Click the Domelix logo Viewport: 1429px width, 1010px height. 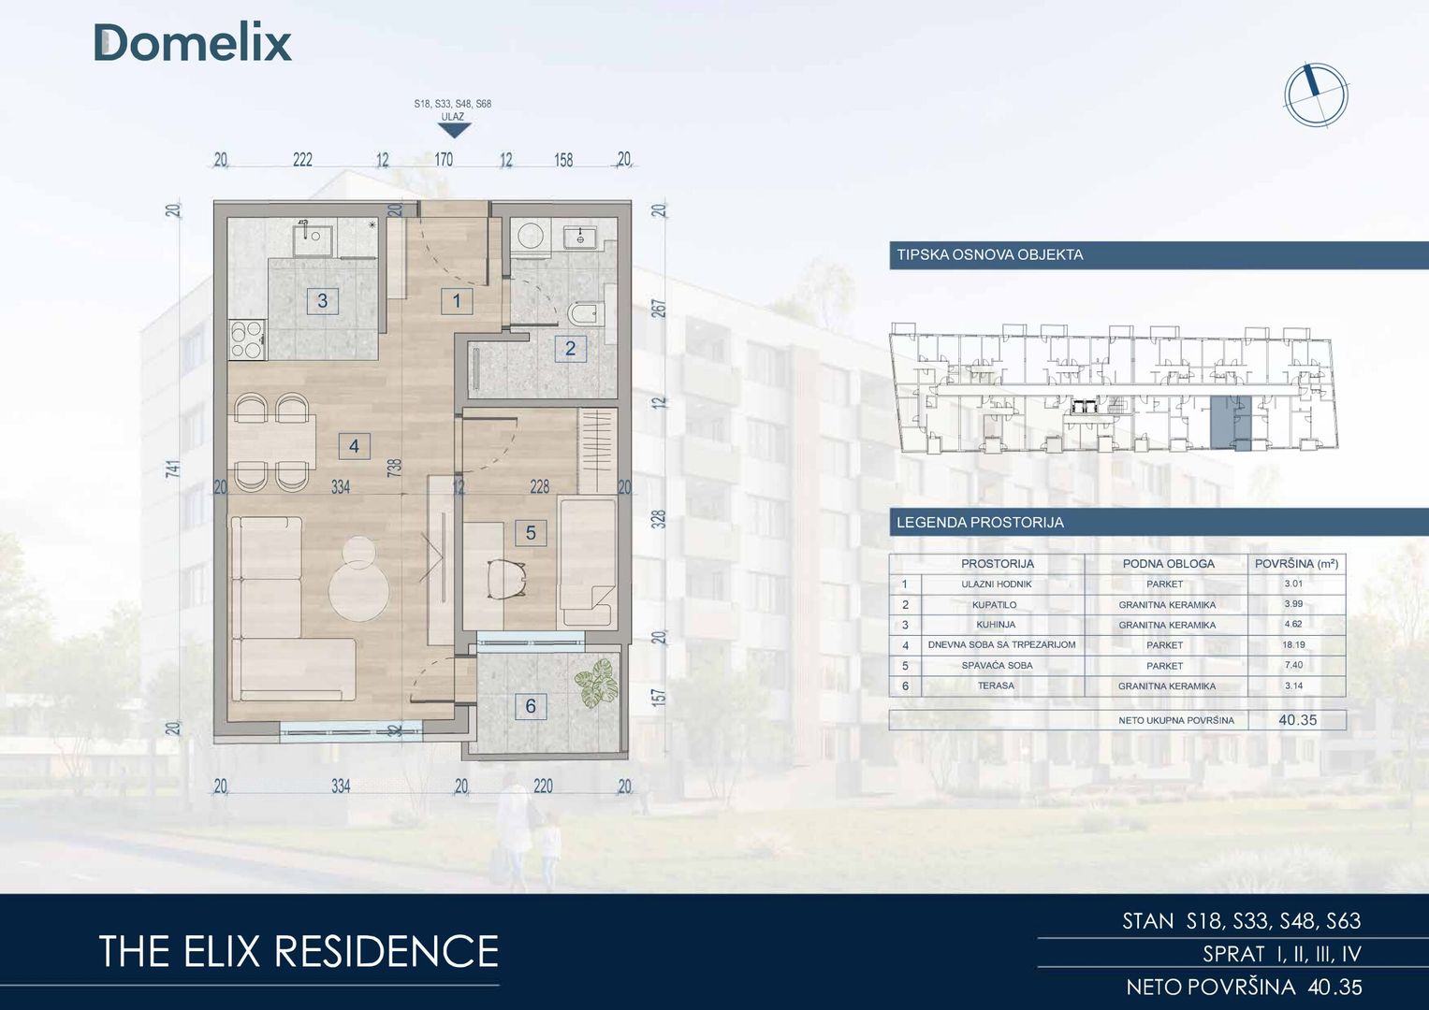pyautogui.click(x=193, y=43)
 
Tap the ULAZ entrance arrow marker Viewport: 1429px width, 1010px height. pyautogui.click(x=454, y=131)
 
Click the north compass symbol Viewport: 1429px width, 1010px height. pyautogui.click(x=1316, y=95)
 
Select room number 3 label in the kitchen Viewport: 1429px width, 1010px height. pyautogui.click(x=322, y=300)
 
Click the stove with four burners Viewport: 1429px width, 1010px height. pyautogui.click(x=247, y=339)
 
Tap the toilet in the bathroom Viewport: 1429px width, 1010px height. pyautogui.click(x=585, y=313)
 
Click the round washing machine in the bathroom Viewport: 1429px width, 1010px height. pyautogui.click(x=530, y=237)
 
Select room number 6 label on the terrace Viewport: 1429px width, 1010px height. pyautogui.click(x=530, y=706)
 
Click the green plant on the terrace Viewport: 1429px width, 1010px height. pyautogui.click(x=596, y=682)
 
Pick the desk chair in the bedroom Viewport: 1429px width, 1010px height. pyautogui.click(x=506, y=578)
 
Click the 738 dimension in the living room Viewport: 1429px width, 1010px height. pyautogui.click(x=395, y=468)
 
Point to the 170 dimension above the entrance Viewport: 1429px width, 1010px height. pyautogui.click(x=444, y=159)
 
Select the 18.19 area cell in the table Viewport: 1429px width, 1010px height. pyautogui.click(x=1293, y=644)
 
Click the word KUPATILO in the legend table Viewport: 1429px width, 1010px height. pyautogui.click(x=995, y=604)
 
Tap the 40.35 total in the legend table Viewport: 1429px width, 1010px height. pyautogui.click(x=1298, y=720)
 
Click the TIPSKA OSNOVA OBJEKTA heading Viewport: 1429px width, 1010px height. pyautogui.click(x=989, y=255)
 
